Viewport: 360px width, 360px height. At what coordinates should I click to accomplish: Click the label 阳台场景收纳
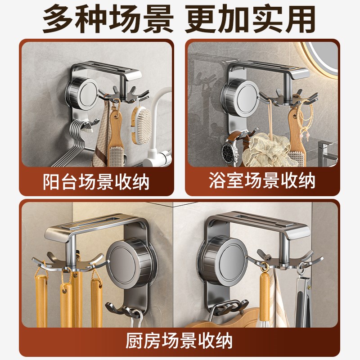pos(97,182)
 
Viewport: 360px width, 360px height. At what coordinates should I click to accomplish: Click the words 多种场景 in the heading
pos(107,19)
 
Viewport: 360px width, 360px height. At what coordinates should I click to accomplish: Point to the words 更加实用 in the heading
pos(251,19)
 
